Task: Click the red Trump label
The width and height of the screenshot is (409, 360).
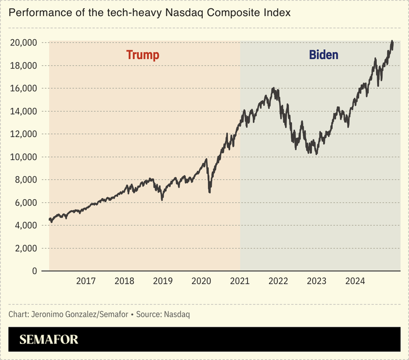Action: pos(143,55)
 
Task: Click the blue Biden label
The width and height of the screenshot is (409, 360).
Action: pos(323,55)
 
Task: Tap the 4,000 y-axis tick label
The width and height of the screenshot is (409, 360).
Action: pos(25,226)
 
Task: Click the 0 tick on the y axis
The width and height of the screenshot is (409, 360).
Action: pos(34,271)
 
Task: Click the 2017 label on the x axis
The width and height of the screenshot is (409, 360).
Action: pos(86,281)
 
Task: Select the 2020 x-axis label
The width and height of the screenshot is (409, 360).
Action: pos(201,281)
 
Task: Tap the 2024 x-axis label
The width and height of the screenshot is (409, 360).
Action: pos(355,281)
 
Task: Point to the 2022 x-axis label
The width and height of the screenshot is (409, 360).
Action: pos(278,281)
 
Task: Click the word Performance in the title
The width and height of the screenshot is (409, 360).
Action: pos(36,12)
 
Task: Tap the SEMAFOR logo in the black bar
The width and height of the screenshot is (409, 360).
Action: pos(49,340)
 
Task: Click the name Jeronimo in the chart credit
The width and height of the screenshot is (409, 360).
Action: pos(52,314)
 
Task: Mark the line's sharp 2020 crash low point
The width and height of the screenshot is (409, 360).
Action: pos(209,192)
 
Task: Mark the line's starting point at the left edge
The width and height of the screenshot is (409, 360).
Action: pos(50,220)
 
